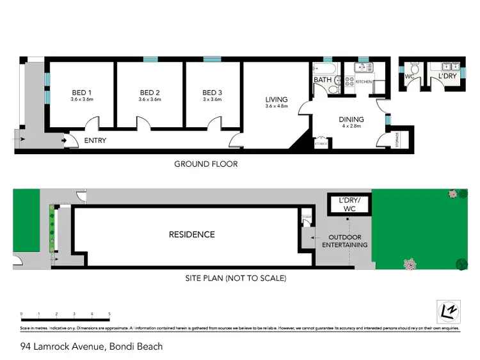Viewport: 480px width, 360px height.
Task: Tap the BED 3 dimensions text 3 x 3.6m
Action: coord(212,100)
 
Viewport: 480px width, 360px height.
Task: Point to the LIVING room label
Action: coord(277,100)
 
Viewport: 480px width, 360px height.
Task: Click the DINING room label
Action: coord(351,119)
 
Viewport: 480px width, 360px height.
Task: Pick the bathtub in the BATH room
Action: coord(322,68)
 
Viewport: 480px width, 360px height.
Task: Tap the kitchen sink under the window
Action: coord(363,67)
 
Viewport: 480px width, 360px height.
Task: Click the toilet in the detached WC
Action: coord(413,70)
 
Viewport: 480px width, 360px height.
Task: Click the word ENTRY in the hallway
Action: coord(95,141)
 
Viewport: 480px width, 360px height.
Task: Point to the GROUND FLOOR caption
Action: coord(206,164)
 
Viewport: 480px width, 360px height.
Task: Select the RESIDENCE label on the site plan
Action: coord(192,235)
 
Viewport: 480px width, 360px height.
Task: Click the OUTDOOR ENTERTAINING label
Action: coord(344,240)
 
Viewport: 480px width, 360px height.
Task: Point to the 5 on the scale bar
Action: coord(109,314)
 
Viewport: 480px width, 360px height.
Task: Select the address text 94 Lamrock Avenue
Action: coord(63,347)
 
